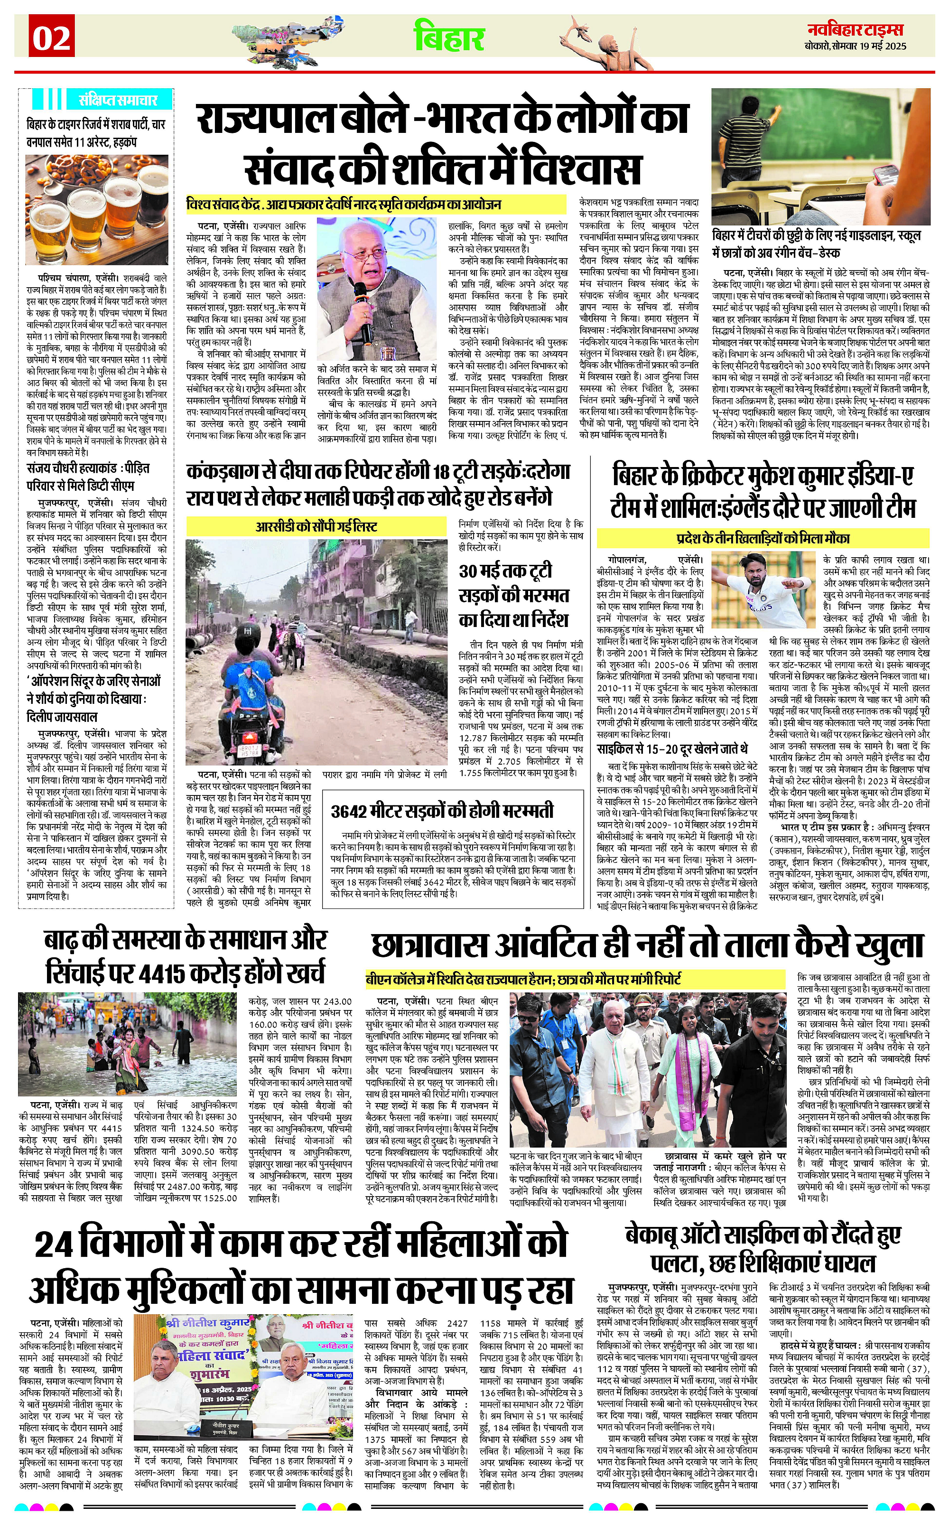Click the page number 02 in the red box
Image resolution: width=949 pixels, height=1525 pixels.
[x=51, y=39]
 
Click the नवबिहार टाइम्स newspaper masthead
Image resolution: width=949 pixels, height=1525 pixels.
[x=855, y=29]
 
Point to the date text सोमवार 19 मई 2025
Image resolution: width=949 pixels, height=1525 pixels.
[x=869, y=46]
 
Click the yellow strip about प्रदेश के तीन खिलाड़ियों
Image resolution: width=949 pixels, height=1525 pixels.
[x=763, y=538]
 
